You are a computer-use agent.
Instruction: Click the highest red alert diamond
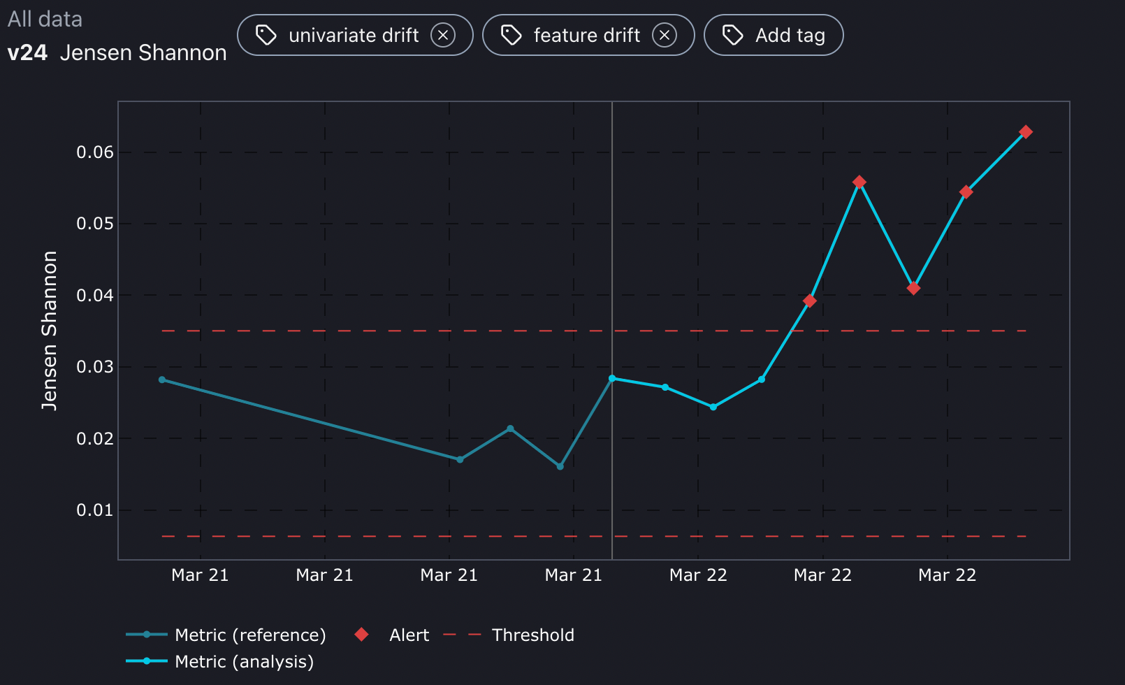point(1025,132)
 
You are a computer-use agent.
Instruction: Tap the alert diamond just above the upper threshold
point(809,301)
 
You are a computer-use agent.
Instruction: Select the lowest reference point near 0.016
point(560,466)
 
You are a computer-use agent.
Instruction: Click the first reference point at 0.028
point(162,380)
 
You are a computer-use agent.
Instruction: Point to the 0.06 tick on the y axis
point(95,152)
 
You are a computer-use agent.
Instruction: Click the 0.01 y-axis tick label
point(95,510)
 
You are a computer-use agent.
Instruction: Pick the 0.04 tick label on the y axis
point(95,296)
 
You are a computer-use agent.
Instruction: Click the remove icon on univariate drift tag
point(443,35)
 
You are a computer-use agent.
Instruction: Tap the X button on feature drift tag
point(665,35)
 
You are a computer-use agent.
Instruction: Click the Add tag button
point(774,35)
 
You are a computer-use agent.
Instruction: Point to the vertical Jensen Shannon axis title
point(49,330)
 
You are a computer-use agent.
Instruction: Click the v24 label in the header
point(27,53)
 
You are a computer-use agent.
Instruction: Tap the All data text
point(45,19)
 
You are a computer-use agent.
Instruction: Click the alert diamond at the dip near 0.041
point(913,288)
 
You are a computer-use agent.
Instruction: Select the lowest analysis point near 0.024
point(713,407)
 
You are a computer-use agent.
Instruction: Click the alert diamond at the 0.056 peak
point(859,182)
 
